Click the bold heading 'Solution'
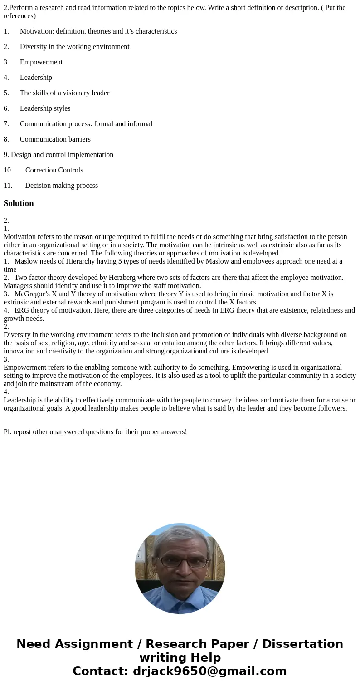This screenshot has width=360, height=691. point(19,203)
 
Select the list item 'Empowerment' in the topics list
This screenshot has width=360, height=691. point(41,62)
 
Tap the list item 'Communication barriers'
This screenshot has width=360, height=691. point(55,139)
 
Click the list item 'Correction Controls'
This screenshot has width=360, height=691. point(54,170)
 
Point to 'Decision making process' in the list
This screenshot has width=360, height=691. point(61,186)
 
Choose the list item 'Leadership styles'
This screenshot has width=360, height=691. point(45,108)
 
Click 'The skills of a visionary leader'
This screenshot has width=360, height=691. point(64,93)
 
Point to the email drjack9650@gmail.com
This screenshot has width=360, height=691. point(209,671)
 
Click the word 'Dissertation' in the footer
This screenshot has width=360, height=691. point(302,644)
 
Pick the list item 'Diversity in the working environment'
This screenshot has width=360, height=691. point(74,47)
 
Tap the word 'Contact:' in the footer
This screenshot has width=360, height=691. point(101,671)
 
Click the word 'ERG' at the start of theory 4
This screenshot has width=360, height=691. point(21,310)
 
